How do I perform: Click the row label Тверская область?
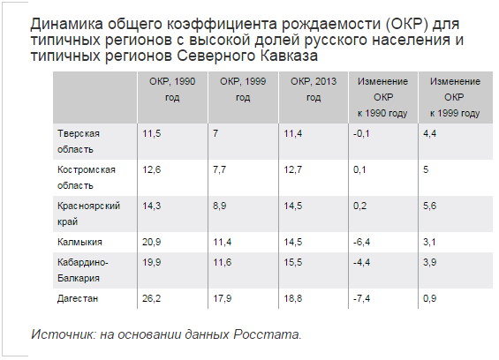[79, 141]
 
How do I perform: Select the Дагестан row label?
[78, 298]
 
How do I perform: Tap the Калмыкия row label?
[79, 242]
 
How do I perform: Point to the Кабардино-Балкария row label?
[83, 270]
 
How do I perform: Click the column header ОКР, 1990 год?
[172, 89]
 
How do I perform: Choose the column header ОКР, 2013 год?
[314, 89]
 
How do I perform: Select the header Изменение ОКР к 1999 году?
[455, 97]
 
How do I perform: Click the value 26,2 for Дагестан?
[152, 298]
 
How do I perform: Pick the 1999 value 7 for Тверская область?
[215, 133]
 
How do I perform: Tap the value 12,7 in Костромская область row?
[293, 169]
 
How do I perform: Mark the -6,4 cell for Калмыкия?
[361, 242]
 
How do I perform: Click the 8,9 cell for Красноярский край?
[220, 206]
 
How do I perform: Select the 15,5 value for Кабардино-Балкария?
[293, 262]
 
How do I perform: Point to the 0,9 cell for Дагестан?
[429, 298]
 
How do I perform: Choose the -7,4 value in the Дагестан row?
[361, 298]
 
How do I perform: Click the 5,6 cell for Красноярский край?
[429, 206]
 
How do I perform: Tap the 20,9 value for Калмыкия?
[152, 242]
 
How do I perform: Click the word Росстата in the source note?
[268, 334]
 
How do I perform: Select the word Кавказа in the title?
[289, 56]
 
